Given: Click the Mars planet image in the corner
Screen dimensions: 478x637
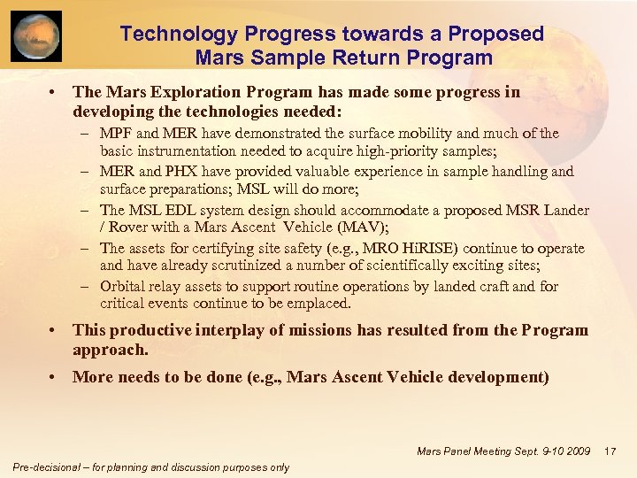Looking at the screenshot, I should point(36,36).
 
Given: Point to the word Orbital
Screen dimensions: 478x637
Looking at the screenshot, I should point(123,287).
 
